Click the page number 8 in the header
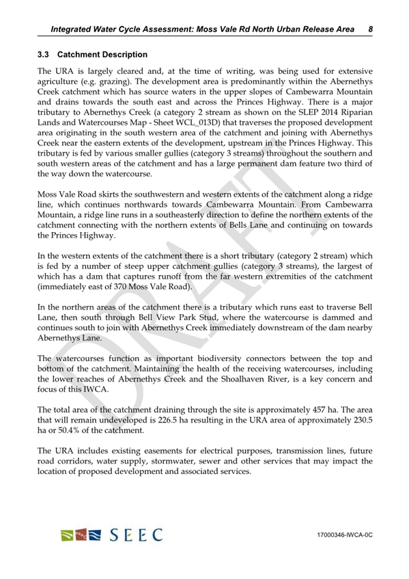point(369,29)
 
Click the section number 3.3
point(44,54)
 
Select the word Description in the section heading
point(122,54)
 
